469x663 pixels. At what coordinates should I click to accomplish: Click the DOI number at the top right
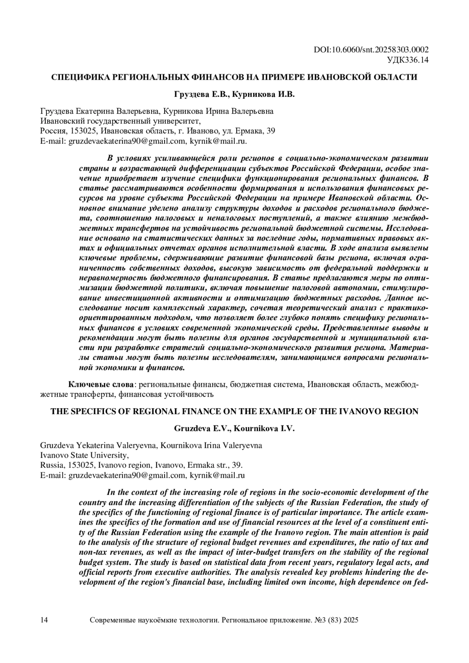[x=371, y=50]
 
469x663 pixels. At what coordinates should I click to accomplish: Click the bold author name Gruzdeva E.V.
[x=203, y=429]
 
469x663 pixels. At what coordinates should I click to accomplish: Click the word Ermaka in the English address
[x=201, y=465]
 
